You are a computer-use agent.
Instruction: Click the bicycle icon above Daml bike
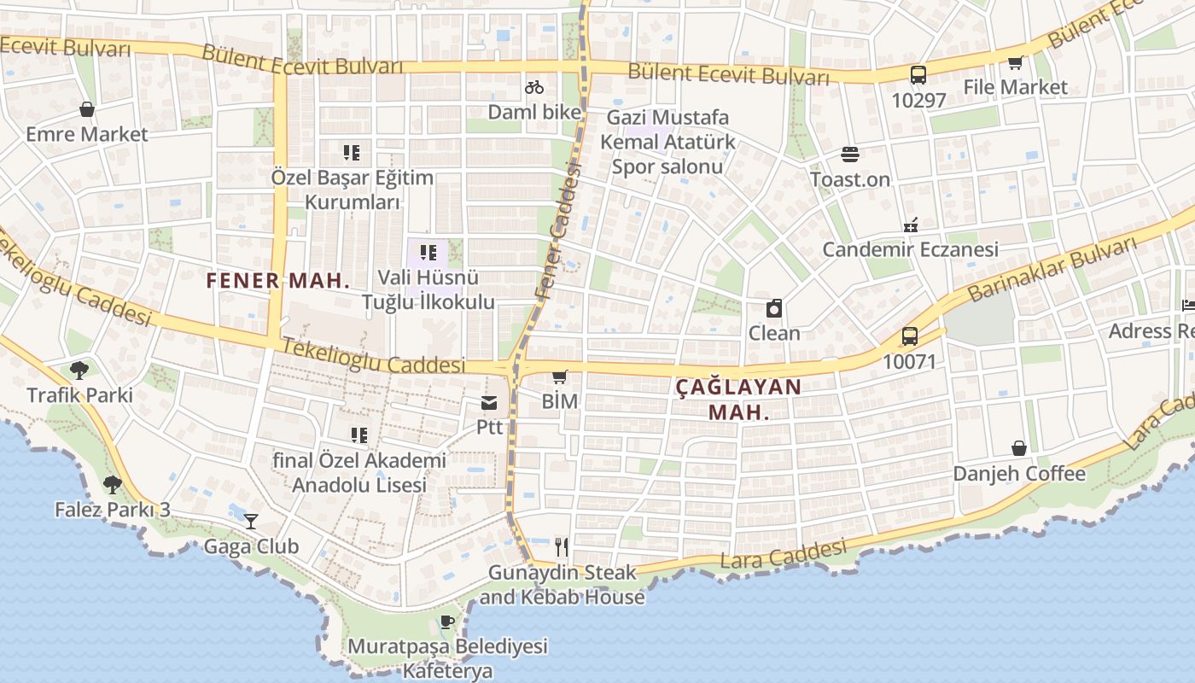coord(534,87)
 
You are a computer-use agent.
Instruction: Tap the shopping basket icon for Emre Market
coord(86,109)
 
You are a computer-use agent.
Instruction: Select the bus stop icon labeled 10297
coord(918,75)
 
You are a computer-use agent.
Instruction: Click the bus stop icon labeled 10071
coord(910,336)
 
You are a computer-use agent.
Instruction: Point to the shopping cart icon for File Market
coord(1015,62)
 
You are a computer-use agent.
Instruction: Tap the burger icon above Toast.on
coord(850,155)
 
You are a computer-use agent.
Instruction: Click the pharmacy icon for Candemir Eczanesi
coord(911,225)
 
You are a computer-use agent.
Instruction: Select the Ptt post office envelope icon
coord(489,402)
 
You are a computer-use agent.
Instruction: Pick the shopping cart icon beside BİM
coord(560,377)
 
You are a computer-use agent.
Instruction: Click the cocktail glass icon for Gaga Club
coord(251,521)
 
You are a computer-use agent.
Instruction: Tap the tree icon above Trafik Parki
coord(79,371)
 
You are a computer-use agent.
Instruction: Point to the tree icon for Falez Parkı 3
coord(112,485)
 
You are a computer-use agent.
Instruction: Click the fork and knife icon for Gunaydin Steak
coord(561,546)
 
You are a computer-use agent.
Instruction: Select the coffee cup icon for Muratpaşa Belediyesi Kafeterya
coord(446,621)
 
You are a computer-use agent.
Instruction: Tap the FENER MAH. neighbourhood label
coord(278,280)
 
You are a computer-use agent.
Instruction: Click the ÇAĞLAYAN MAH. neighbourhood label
coord(738,399)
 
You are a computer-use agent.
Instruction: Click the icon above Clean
coord(774,308)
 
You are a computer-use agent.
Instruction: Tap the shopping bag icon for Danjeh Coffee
coord(1019,448)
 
